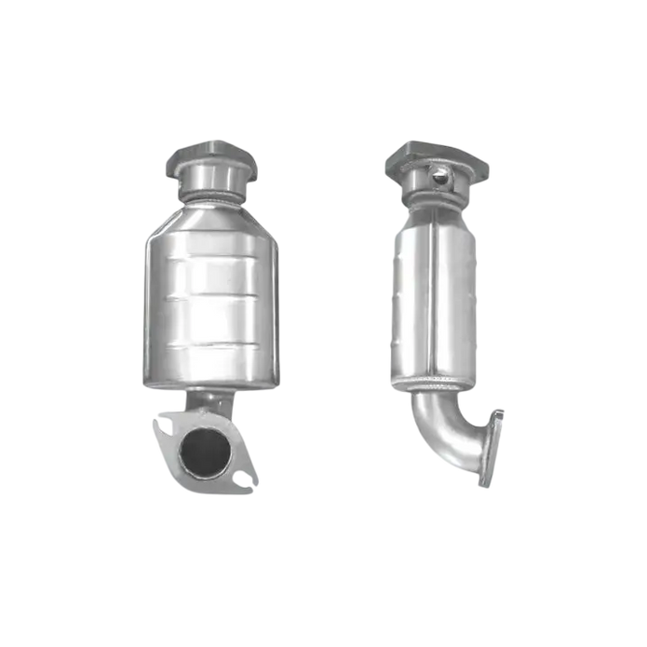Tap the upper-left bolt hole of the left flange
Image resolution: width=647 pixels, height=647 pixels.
click(x=163, y=428)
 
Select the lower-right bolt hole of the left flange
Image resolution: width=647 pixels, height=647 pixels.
click(x=244, y=479)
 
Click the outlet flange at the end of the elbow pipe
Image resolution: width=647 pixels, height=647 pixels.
click(x=491, y=447)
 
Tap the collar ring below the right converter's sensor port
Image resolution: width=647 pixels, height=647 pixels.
click(x=437, y=196)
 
